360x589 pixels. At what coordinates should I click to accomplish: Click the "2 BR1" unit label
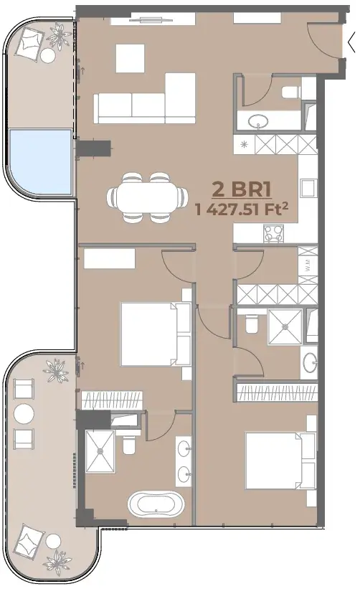pos(242,189)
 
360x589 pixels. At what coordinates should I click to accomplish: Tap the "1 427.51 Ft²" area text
pos(242,209)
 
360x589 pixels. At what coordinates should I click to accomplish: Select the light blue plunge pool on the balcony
pos(40,162)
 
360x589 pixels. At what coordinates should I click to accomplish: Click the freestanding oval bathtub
pos(156,504)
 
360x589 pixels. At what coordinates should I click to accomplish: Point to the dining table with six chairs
pos(147,197)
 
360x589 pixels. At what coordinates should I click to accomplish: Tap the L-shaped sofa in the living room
pos(145,98)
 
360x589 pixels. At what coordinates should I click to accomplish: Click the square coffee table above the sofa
pos(130,58)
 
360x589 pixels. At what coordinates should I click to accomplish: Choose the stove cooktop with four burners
pos(273,233)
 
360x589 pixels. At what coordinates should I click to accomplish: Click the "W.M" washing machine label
pos(308,266)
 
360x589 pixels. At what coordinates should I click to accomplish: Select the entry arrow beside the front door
pos(351,43)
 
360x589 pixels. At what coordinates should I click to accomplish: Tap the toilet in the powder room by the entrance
pos(291,92)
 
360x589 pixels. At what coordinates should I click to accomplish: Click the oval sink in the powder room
pos(258,121)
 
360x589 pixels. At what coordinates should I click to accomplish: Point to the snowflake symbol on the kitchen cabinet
pos(244,144)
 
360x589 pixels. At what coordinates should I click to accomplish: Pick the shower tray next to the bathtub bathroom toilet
pos(100,451)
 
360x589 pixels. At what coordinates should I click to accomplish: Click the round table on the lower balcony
pos(24,413)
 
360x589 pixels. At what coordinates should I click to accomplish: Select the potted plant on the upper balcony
pos(59,36)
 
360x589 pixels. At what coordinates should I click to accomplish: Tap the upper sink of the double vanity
pos(184,448)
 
